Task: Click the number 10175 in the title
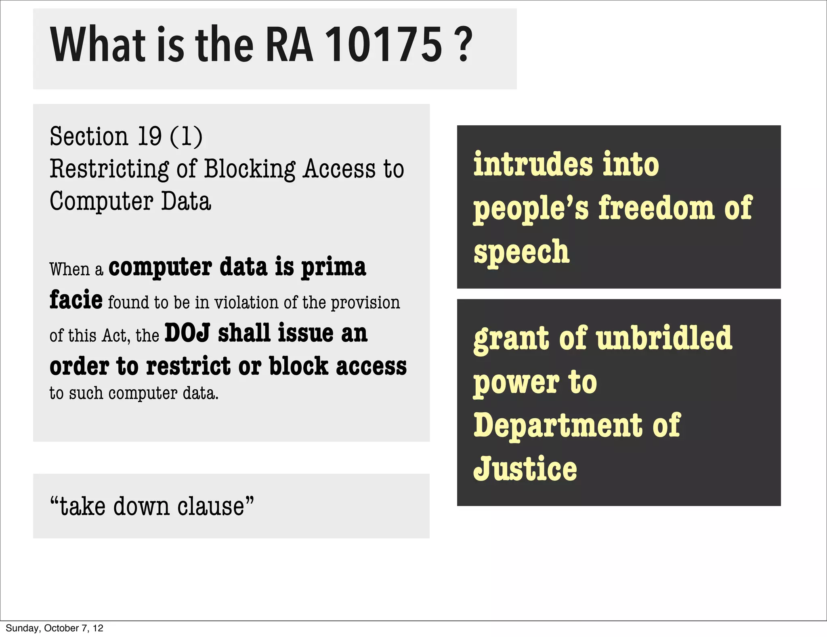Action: pos(383,45)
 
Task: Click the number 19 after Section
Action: pos(150,136)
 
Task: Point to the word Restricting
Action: pos(109,169)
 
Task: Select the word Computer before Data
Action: pos(101,201)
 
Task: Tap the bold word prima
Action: pos(334,268)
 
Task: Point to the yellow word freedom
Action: pos(656,208)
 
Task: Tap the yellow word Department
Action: pos(558,426)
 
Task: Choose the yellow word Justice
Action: pos(525,469)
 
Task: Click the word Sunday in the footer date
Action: pos(23,628)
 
